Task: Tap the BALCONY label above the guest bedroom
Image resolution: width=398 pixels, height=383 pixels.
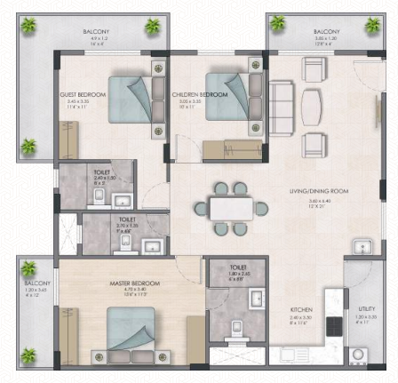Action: click(96, 32)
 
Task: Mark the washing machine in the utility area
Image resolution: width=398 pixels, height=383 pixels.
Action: click(361, 356)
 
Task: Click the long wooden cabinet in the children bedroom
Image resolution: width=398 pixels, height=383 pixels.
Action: click(229, 148)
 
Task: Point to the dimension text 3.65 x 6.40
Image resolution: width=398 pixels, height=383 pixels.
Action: click(318, 200)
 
